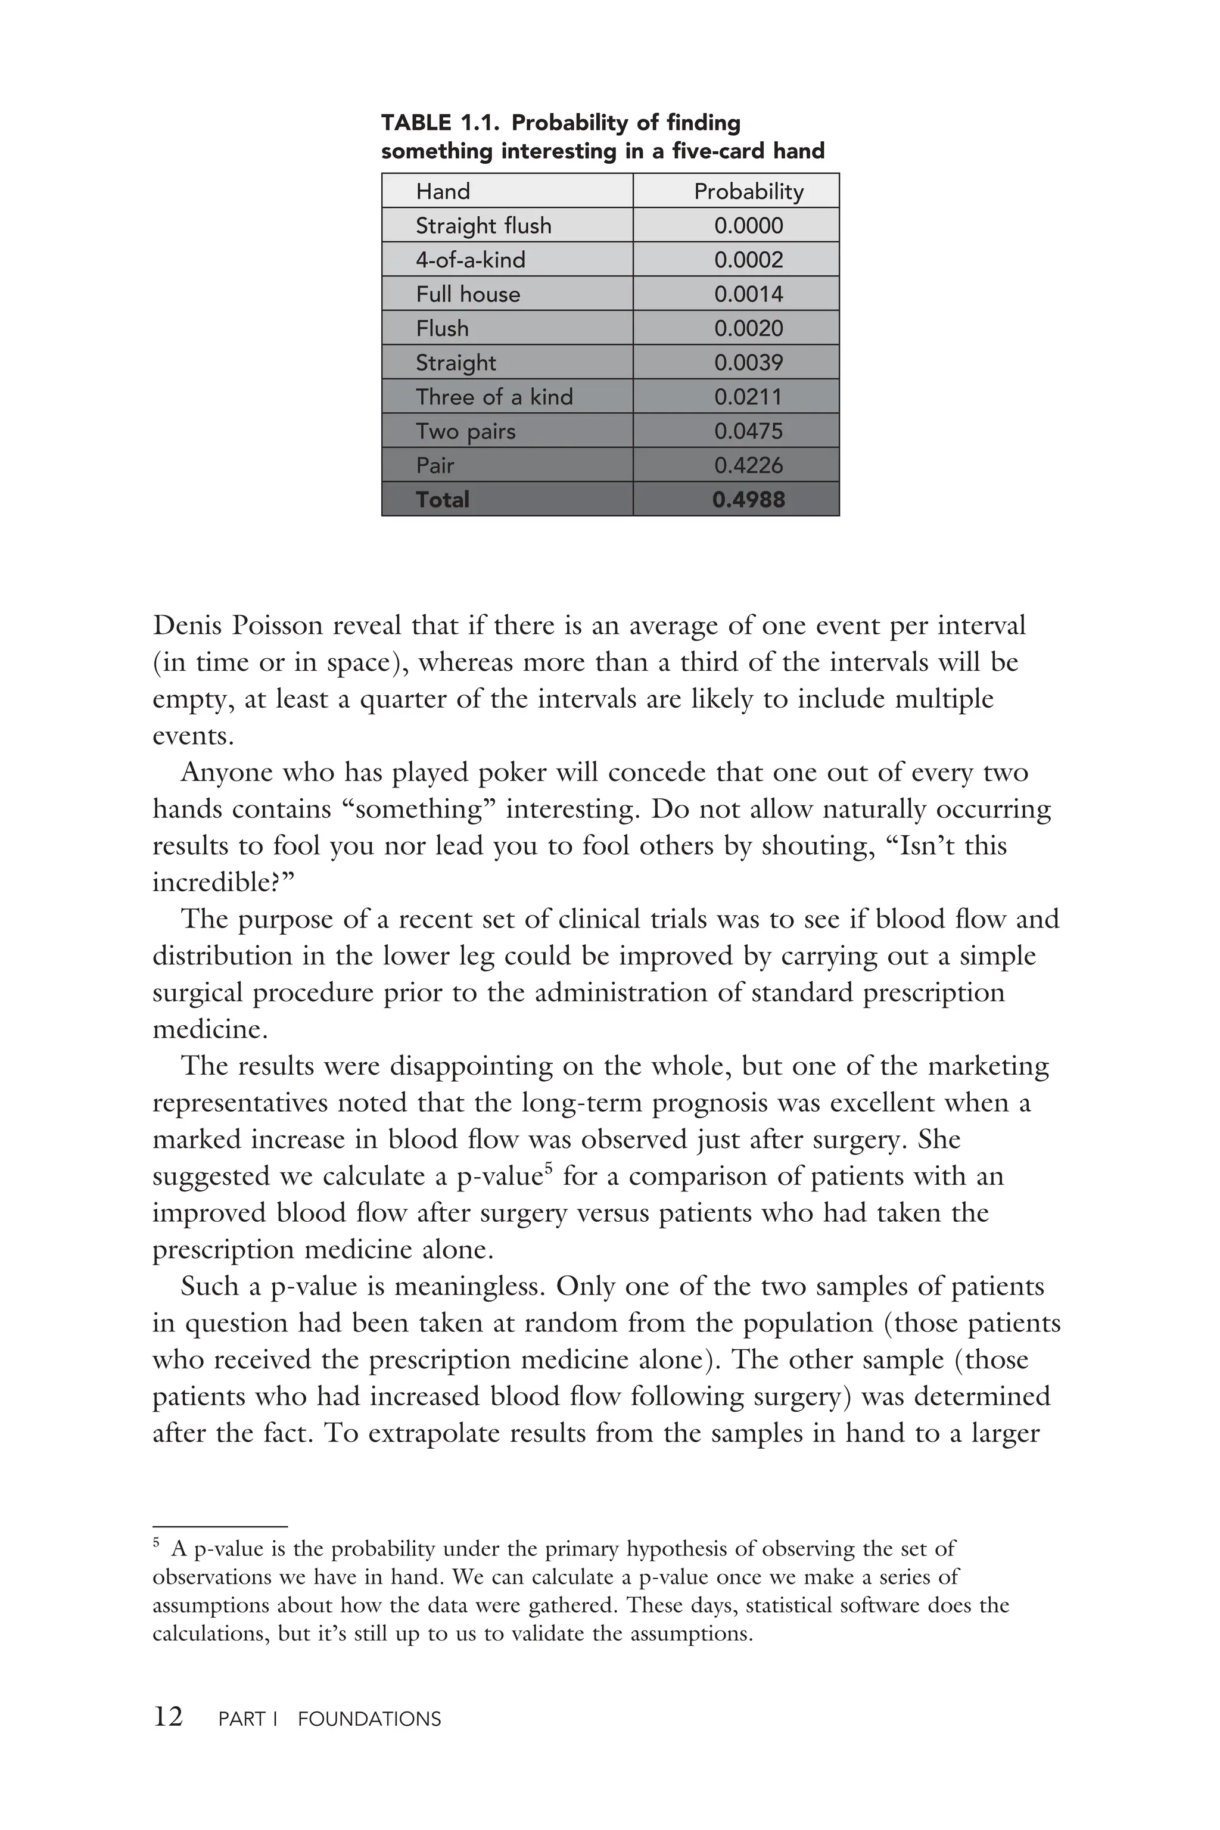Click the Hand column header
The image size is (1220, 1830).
(443, 191)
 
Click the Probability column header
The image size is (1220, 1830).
(748, 191)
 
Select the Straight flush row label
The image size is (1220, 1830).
(483, 226)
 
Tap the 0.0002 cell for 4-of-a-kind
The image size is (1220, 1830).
(748, 260)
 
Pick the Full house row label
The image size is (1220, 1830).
(468, 294)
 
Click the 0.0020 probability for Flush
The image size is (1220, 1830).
(748, 328)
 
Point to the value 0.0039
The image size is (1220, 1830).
(748, 363)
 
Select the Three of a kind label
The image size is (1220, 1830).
(494, 397)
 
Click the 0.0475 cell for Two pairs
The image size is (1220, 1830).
(748, 431)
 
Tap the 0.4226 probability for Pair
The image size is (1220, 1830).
(748, 465)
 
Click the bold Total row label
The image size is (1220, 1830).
(442, 500)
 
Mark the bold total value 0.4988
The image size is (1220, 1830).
(748, 500)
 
